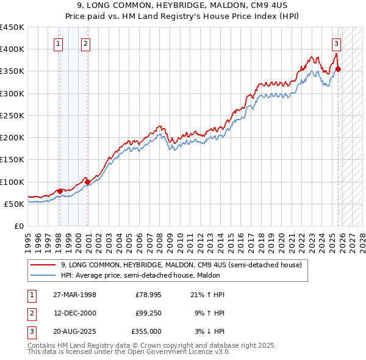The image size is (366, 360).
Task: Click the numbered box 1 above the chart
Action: coord(58,43)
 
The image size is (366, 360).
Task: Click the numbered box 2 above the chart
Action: coord(85,43)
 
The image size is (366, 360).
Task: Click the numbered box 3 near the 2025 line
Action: coord(336,43)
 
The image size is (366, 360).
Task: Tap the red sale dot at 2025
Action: coord(339,69)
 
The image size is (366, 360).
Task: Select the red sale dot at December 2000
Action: coord(88,182)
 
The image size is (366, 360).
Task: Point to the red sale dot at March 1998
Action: coord(60,191)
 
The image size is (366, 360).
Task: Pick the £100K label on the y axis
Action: coord(12,182)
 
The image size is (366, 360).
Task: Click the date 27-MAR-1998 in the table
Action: coord(74,295)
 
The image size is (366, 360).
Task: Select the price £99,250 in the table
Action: coord(148,313)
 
